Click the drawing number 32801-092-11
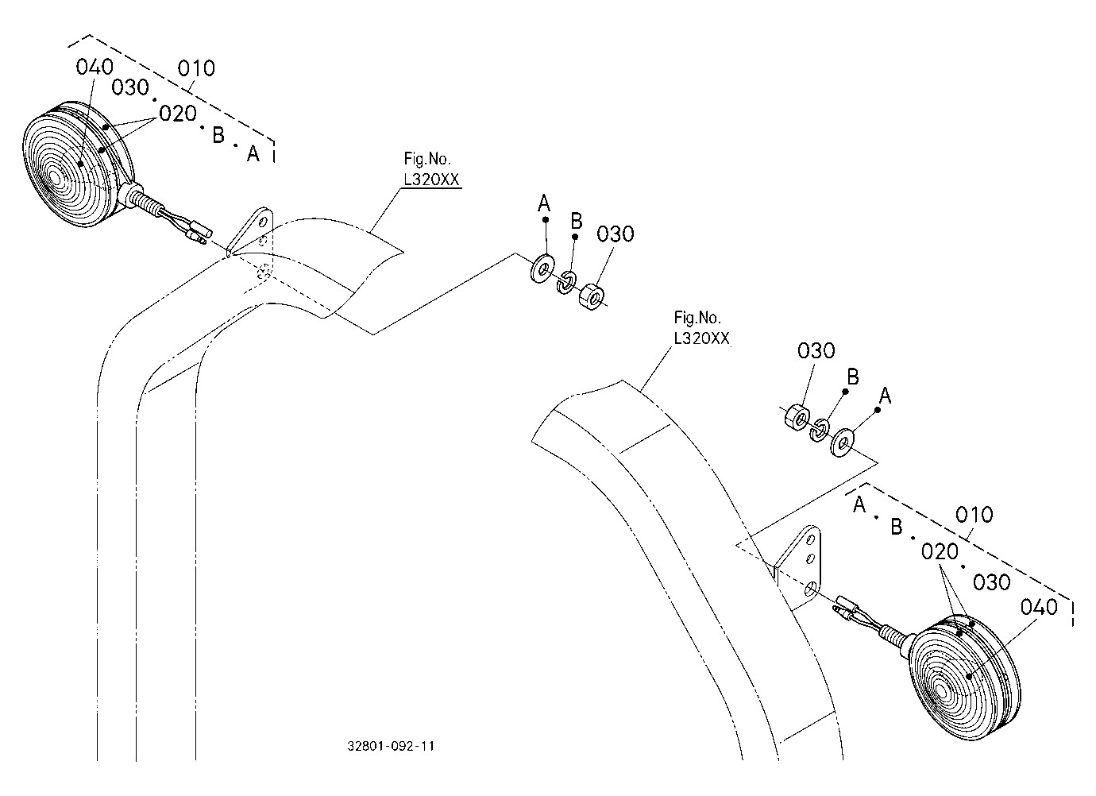pyautogui.click(x=391, y=746)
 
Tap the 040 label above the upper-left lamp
pyautogui.click(x=95, y=67)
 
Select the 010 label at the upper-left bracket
pyautogui.click(x=196, y=68)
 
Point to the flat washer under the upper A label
pyautogui.click(x=542, y=268)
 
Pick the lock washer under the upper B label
pyautogui.click(x=566, y=282)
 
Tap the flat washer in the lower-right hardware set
pyautogui.click(x=842, y=443)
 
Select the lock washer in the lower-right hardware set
pyautogui.click(x=820, y=430)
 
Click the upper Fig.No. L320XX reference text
pyautogui.click(x=431, y=169)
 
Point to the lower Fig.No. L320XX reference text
pyautogui.click(x=701, y=328)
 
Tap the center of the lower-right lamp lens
pyautogui.click(x=941, y=691)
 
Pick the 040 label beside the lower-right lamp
pyautogui.click(x=1039, y=608)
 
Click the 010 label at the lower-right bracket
pyautogui.click(x=974, y=515)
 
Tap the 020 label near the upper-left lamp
pyautogui.click(x=178, y=114)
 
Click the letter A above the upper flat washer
pyautogui.click(x=544, y=203)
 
